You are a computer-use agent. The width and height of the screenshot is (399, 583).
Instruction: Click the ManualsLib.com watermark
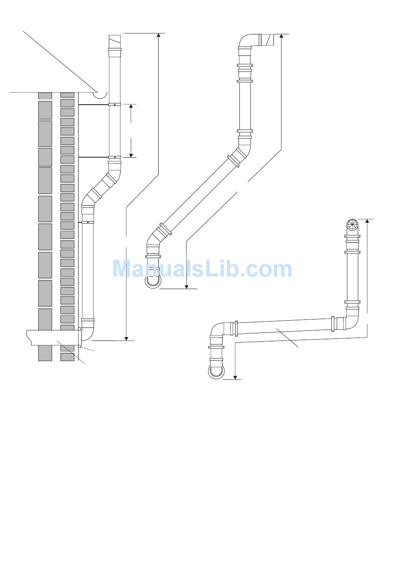[x=202, y=269]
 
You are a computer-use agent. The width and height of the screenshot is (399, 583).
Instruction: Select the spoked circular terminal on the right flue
[x=352, y=224]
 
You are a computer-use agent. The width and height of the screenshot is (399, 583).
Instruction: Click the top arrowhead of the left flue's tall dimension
[x=158, y=35]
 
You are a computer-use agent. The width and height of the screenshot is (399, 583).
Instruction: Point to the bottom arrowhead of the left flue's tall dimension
[x=126, y=339]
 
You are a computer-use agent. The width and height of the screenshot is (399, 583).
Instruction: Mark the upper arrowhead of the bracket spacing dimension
[x=131, y=106]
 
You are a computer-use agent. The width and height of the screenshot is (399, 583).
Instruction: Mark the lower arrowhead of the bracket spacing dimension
[x=131, y=156]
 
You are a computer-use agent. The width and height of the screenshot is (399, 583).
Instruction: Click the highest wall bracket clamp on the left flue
[x=114, y=105]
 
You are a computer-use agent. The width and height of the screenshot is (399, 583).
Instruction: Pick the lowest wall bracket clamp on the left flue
[x=88, y=222]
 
